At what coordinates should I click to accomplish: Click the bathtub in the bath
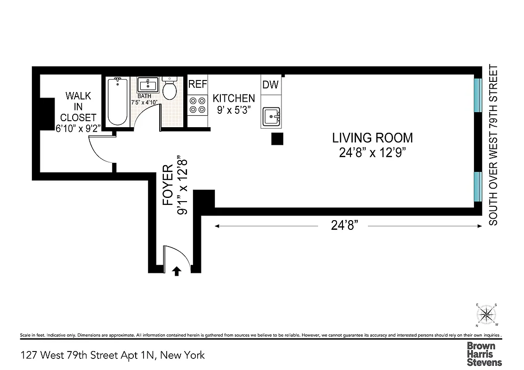click(118, 102)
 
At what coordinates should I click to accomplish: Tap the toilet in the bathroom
click(170, 89)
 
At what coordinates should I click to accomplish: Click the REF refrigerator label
click(198, 84)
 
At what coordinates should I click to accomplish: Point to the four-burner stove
click(198, 105)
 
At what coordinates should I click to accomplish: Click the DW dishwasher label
click(271, 85)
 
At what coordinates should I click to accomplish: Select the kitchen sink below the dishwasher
click(271, 117)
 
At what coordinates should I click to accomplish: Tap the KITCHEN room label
click(234, 98)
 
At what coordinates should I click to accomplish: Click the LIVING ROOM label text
click(372, 137)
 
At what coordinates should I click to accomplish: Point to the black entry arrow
click(176, 271)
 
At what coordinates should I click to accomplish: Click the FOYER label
click(168, 185)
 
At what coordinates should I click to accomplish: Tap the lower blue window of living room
click(478, 187)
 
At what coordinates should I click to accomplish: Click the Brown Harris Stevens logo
click(484, 354)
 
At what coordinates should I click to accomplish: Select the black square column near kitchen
click(277, 139)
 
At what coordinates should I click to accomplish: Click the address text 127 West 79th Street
click(112, 355)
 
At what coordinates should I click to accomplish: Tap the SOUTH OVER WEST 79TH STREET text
click(493, 145)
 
